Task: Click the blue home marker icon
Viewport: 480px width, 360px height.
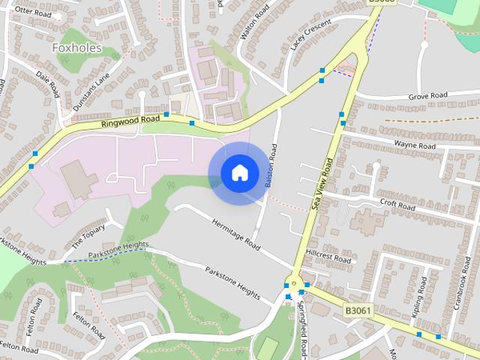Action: (238, 173)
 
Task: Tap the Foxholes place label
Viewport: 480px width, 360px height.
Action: (76, 48)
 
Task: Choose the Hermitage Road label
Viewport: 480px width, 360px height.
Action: (235, 234)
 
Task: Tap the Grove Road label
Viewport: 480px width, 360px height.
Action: (427, 96)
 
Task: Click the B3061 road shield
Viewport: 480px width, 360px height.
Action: (358, 309)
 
